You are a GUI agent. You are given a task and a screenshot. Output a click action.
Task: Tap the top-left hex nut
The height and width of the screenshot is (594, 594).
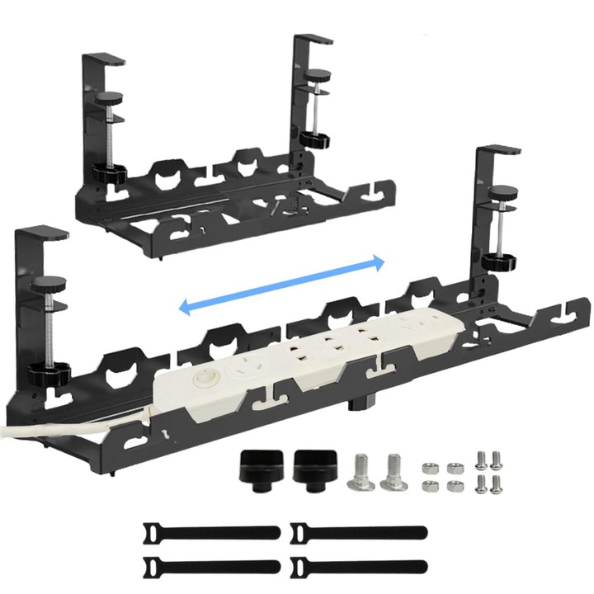[x=429, y=468]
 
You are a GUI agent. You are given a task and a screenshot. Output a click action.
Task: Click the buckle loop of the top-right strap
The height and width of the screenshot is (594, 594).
[x=299, y=531]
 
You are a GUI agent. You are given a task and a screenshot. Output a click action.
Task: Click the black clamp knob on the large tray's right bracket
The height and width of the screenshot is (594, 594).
[x=499, y=262]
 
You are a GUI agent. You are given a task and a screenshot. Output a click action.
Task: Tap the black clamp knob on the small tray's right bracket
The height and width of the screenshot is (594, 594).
[x=313, y=139]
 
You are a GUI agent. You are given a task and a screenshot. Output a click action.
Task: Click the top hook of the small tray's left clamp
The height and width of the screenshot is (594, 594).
[x=102, y=59]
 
